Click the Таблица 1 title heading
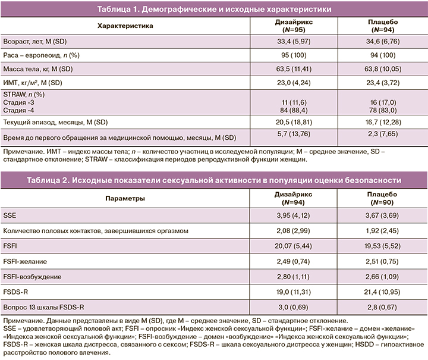coord(214,10)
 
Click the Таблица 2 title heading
coord(214,179)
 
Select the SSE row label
coord(11,214)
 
